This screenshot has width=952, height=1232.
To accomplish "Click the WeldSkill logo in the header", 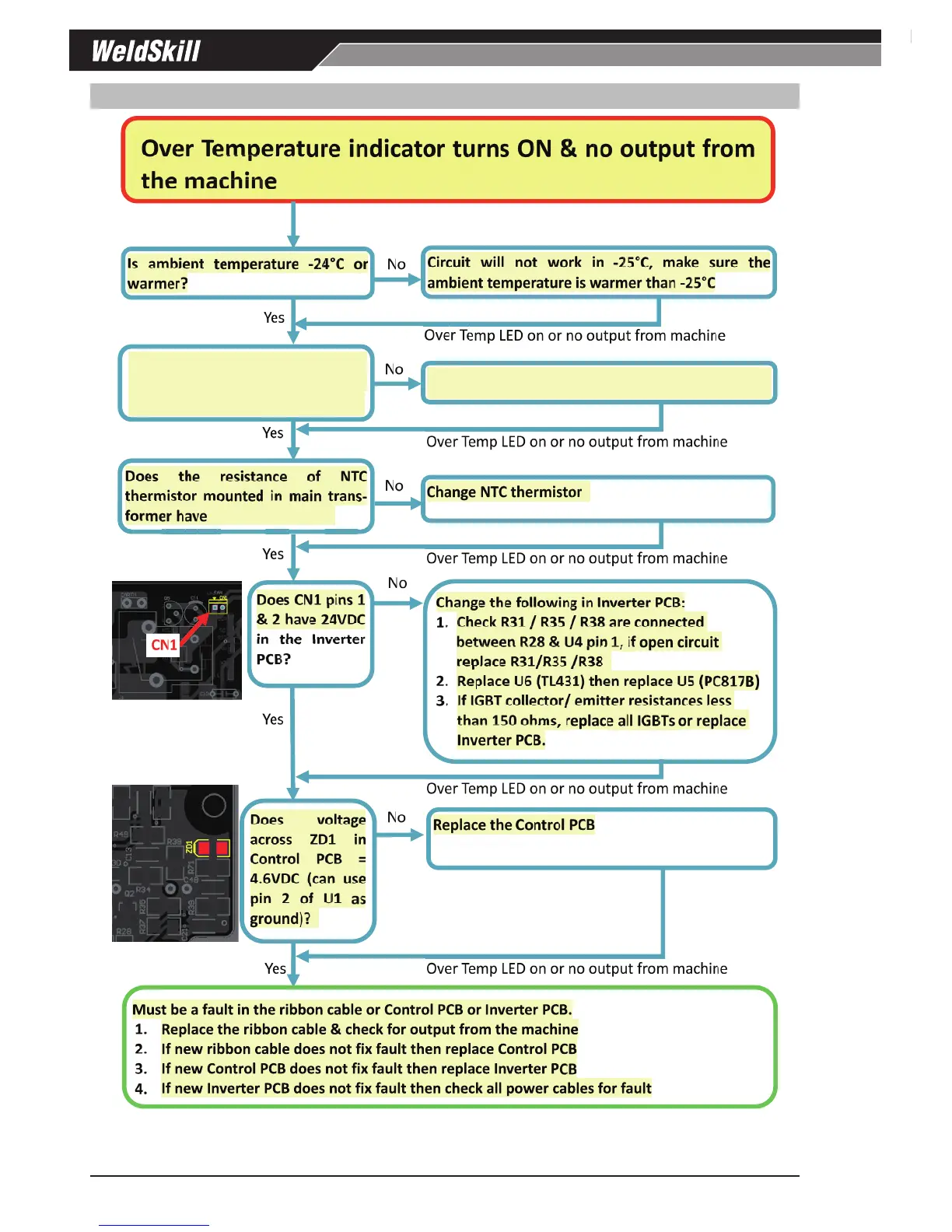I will [146, 51].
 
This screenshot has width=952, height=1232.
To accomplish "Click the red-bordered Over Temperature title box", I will [447, 160].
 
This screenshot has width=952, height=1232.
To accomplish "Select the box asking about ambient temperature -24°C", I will [247, 273].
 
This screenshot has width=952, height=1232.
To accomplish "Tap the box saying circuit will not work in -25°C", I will [598, 272].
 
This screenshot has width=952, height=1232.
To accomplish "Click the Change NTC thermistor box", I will [597, 498].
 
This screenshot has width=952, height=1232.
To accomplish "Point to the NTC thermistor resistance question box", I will [246, 496].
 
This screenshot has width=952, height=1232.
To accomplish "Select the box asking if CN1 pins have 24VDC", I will [310, 633].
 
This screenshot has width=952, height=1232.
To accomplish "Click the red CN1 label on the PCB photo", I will [164, 645].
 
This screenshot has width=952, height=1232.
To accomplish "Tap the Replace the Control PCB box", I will [601, 838].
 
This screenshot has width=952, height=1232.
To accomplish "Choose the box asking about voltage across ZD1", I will [308, 870].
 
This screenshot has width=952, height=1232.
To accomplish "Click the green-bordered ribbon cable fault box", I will [450, 1047].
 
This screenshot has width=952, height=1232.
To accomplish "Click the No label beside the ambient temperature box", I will [397, 264].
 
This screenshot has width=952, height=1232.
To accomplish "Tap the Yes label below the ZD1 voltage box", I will [275, 968].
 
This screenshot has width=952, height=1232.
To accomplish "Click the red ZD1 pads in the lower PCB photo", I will [213, 848].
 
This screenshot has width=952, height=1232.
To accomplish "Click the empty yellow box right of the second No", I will [598, 383].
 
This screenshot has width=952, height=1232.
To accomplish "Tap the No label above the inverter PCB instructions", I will [397, 583].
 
